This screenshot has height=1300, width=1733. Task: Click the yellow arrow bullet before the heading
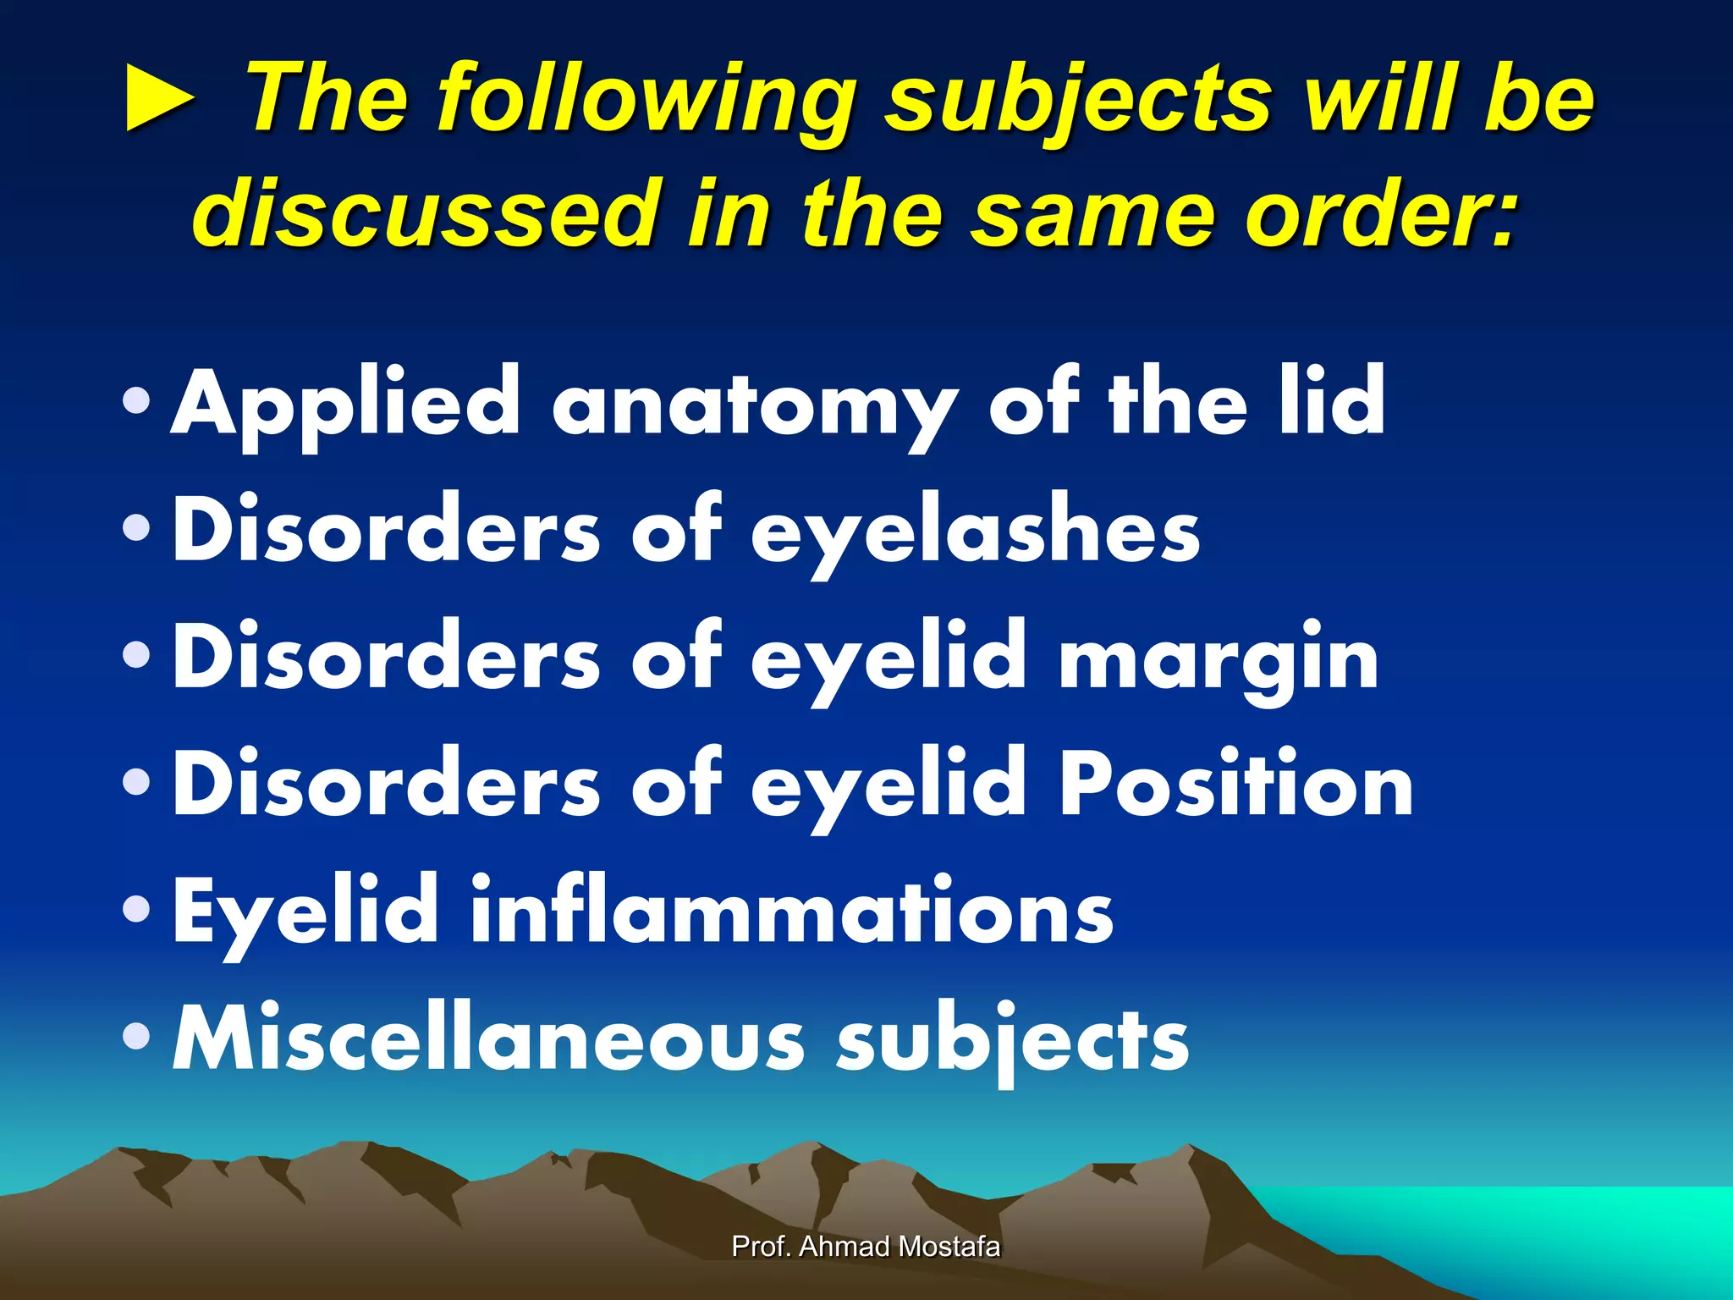click(159, 100)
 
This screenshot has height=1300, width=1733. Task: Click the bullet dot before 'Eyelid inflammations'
click(136, 910)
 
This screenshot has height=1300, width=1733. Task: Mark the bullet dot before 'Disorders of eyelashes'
click(136, 529)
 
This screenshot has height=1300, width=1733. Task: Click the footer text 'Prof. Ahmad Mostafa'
click(866, 1247)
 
